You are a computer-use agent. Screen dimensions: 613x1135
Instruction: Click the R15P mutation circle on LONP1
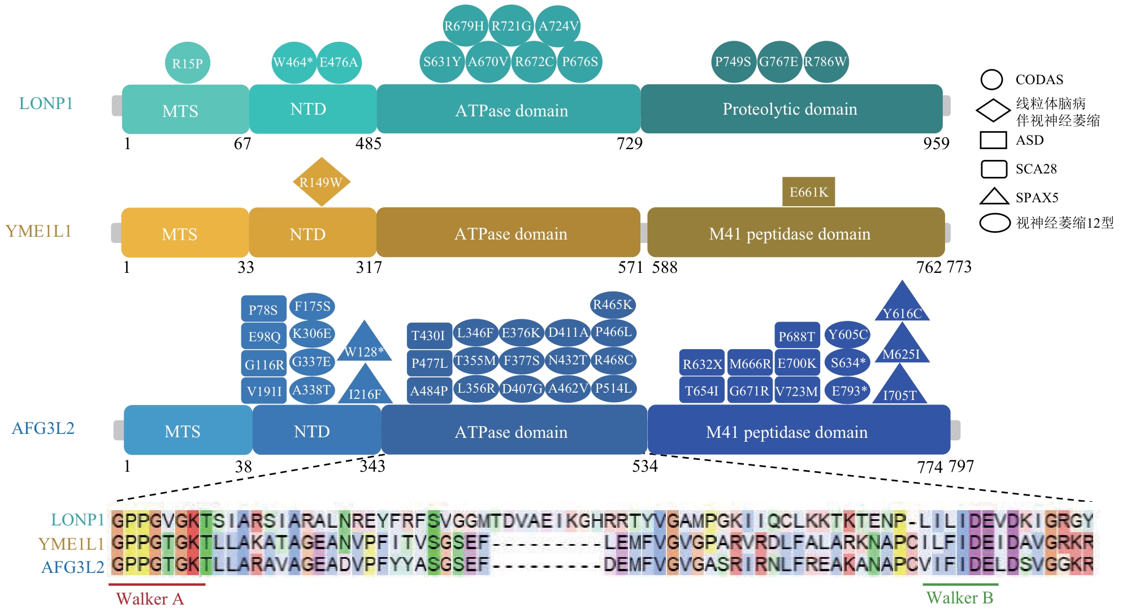point(187,63)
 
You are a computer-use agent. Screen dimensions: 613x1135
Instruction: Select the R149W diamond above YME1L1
point(321,182)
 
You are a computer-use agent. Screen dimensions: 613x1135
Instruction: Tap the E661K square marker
point(808,192)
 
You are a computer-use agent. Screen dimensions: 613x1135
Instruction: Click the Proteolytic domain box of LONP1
point(791,109)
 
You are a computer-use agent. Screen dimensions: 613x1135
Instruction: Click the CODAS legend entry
point(1039,80)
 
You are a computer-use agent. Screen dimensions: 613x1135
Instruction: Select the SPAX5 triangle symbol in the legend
point(994,196)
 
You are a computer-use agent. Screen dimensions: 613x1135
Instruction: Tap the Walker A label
point(150,598)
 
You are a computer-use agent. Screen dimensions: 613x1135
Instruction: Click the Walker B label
point(959,598)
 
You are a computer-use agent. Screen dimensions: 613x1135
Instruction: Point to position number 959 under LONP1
point(936,144)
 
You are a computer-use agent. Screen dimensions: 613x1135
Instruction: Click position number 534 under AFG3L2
point(645,466)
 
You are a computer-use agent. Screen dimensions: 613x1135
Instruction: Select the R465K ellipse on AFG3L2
point(613,305)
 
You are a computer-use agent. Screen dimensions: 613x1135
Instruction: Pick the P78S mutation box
point(263,310)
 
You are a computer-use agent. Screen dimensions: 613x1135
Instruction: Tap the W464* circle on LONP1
point(293,62)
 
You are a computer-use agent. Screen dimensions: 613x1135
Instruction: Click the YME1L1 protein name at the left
point(38,231)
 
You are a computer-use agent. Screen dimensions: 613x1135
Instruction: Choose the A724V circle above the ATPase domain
point(558,26)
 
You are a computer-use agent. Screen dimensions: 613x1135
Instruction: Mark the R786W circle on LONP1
point(825,62)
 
